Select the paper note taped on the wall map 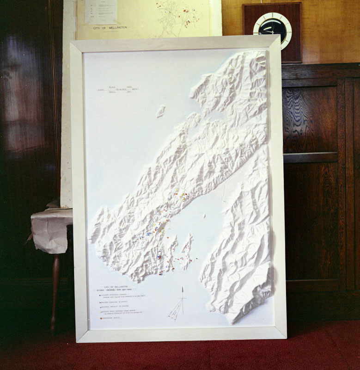click(x=101, y=12)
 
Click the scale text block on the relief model click(x=118, y=90)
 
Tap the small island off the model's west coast click(x=161, y=111)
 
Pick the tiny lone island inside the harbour click(x=204, y=216)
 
